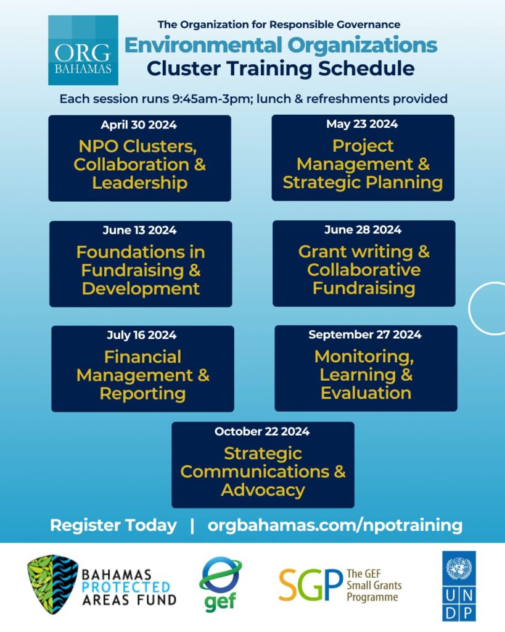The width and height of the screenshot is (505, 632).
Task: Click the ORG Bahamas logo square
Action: tap(83, 50)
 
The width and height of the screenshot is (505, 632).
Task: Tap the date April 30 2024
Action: tap(139, 125)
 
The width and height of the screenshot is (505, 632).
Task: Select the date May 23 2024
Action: tap(362, 124)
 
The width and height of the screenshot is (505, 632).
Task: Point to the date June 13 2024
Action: tap(140, 230)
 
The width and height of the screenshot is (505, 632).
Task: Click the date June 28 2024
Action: tap(363, 230)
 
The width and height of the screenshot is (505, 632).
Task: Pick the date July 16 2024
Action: tap(142, 335)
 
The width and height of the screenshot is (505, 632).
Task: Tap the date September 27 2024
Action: tap(365, 335)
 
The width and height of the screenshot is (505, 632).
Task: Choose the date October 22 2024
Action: tap(262, 431)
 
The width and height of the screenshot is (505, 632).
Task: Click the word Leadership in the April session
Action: tap(140, 183)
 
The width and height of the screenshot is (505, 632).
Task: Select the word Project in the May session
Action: tap(363, 146)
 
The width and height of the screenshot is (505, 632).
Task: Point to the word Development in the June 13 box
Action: tap(141, 289)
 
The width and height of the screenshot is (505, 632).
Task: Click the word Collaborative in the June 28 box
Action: tap(364, 270)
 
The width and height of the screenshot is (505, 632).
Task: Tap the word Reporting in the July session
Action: tap(142, 394)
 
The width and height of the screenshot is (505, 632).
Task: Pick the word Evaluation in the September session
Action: tap(366, 393)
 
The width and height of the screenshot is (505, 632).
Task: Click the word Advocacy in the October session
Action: tap(263, 491)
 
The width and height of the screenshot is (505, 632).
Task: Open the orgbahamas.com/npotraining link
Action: tap(335, 526)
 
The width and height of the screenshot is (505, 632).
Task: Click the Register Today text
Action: tap(113, 526)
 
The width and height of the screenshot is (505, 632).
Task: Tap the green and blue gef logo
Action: tap(220, 584)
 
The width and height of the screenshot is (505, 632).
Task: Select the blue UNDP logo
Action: tap(459, 586)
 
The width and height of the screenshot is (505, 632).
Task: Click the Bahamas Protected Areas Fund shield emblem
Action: tap(52, 584)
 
